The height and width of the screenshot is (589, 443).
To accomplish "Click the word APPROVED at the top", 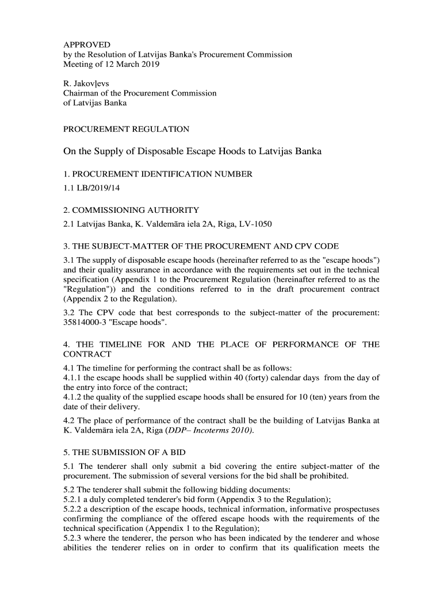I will click(86, 44).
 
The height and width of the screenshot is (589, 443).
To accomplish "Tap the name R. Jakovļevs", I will click(87, 83).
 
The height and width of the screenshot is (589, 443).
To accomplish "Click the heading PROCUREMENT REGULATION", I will click(126, 129).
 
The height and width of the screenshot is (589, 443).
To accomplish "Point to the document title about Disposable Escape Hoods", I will click(192, 152).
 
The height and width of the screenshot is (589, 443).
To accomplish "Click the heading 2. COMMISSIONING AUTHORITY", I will click(131, 210).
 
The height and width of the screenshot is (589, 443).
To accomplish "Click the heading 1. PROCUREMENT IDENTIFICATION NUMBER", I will click(158, 174).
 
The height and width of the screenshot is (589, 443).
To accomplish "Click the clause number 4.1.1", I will click(72, 377).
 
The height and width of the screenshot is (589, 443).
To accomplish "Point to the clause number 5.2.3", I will click(72, 538).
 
